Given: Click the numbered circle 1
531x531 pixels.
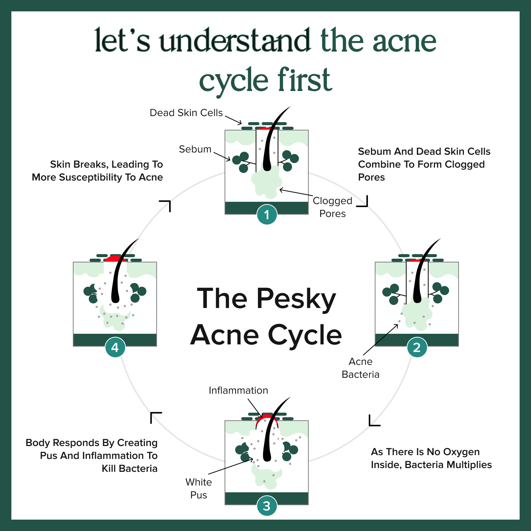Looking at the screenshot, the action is (267, 214).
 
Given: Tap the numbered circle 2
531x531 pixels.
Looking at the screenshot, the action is (417, 347).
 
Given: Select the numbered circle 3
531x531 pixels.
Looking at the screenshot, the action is (267, 506).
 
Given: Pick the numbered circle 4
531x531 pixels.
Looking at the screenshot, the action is (115, 347).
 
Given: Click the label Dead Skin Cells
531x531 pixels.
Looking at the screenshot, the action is (186, 113).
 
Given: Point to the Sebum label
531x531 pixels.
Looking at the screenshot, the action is (195, 149).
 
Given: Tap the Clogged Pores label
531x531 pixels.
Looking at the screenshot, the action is (332, 207).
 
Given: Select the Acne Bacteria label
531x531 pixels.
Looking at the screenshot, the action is (360, 368).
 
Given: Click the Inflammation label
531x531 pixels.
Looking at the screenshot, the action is (238, 390).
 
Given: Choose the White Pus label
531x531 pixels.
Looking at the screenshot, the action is (198, 488).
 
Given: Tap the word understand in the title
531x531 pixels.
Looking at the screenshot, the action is (234, 40).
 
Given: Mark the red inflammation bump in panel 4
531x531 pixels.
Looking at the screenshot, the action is (115, 259).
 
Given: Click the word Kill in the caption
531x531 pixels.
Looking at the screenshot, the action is (109, 468).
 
